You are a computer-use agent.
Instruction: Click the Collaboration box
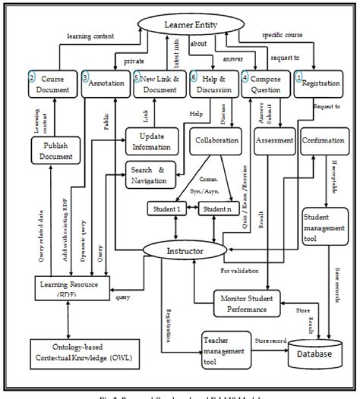coord(216,141)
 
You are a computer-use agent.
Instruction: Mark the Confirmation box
coord(324,141)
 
